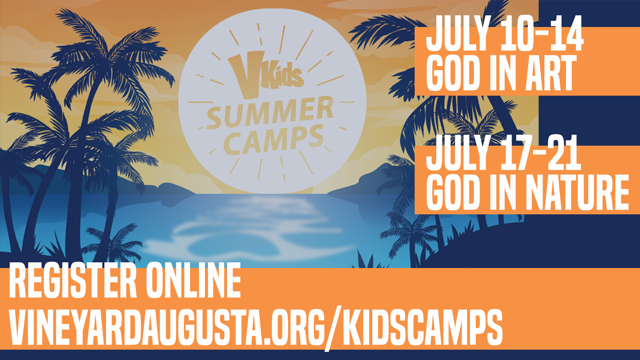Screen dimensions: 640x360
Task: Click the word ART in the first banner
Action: pos(551,73)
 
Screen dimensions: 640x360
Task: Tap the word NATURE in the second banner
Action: pos(577,192)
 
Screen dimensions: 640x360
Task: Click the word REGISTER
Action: pos(73,280)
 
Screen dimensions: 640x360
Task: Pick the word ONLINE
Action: pos(193,280)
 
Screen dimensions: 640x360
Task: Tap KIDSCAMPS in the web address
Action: pos(423,327)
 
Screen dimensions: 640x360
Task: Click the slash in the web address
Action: pos(334,328)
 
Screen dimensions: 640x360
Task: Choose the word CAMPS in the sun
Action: pos(273,140)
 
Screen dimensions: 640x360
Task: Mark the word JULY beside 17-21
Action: pos(459,152)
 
